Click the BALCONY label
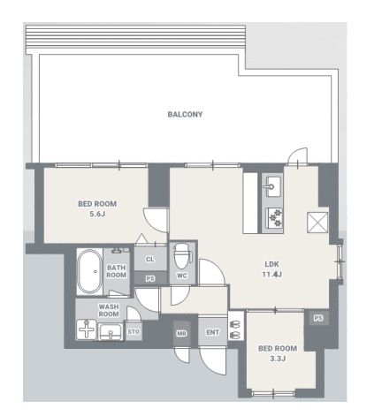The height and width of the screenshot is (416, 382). tap(185, 114)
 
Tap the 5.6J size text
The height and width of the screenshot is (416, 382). tap(97, 214)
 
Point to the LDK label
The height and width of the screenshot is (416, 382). tap(271, 264)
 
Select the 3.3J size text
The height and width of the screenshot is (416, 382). tap(278, 359)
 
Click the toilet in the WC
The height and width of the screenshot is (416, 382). tap(181, 255)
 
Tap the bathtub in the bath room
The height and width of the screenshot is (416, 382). tap(89, 271)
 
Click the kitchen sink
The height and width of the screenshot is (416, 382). tap(272, 186)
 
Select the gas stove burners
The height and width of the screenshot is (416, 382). tap(274, 218)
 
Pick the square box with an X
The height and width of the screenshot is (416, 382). tap(317, 223)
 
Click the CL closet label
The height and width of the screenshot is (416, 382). tap(150, 260)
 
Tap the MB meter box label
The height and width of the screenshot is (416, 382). tap(181, 334)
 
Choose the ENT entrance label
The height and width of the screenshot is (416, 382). tap(212, 332)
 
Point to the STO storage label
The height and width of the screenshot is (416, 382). tap(134, 332)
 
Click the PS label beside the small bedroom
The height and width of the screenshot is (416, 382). tap(318, 318)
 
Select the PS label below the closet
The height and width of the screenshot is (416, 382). tap(150, 278)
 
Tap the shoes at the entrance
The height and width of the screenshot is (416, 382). tap(235, 329)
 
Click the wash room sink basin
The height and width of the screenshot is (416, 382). tap(111, 332)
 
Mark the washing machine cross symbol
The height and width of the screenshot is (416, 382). tap(87, 329)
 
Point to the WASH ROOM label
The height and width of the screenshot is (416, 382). tap(109, 311)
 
